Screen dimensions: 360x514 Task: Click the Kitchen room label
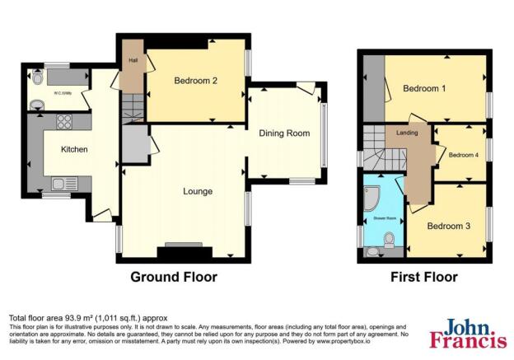pyautogui.click(x=74, y=149)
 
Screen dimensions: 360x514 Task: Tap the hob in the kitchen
pyautogui.click(x=63, y=122)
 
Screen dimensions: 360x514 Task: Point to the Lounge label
pyautogui.click(x=198, y=191)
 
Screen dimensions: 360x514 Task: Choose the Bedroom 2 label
pyautogui.click(x=195, y=81)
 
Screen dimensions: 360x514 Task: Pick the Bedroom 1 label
pyautogui.click(x=424, y=89)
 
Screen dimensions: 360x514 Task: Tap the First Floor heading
pyautogui.click(x=423, y=277)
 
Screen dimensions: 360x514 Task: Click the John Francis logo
pyautogui.click(x=466, y=332)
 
